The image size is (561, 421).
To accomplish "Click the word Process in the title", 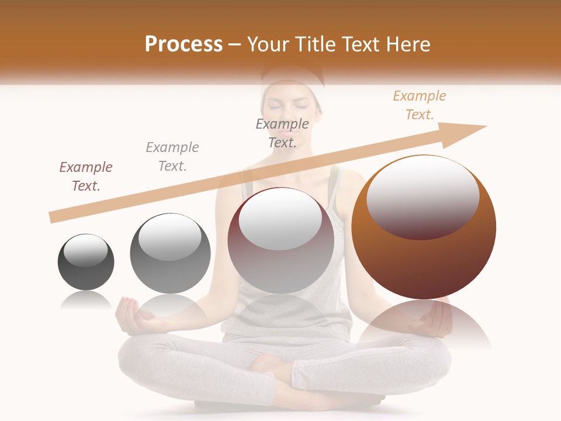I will pyautogui.click(x=183, y=44).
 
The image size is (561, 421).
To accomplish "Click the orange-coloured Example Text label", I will pyautogui.click(x=419, y=105).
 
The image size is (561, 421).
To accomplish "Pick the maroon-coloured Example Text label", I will pyautogui.click(x=86, y=177).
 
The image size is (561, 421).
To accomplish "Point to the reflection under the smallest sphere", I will pyautogui.click(x=86, y=301).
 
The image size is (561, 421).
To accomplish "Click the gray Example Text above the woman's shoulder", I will pyautogui.click(x=282, y=133).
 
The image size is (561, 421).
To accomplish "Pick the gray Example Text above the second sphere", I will pyautogui.click(x=172, y=157).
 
